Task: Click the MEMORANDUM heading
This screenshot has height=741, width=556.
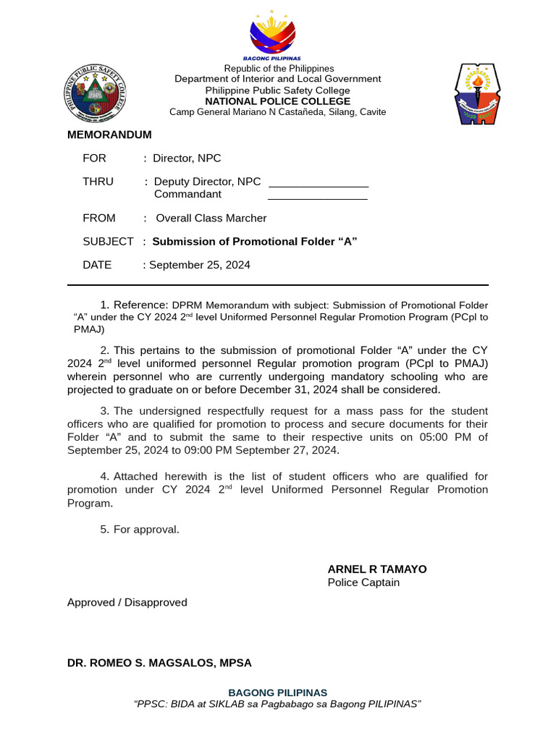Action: (x=109, y=135)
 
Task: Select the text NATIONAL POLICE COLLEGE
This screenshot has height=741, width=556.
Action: (x=277, y=101)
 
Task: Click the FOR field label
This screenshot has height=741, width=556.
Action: (x=94, y=158)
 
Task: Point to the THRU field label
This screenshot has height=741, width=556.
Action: (x=98, y=182)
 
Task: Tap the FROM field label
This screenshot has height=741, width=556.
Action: (x=98, y=218)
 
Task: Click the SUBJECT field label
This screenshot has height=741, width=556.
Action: (x=108, y=242)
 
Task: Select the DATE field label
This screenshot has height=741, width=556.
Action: (x=97, y=265)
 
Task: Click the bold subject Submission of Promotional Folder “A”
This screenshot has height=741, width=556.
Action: (x=255, y=242)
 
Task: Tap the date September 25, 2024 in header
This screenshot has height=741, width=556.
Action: (x=200, y=265)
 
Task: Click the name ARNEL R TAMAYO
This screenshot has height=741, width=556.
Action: (x=376, y=569)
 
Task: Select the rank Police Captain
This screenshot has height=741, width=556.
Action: (x=363, y=583)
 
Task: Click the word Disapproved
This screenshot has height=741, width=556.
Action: (x=156, y=603)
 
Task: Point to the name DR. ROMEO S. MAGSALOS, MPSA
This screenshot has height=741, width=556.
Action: (x=159, y=663)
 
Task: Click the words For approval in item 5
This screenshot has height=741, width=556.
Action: (x=146, y=530)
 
